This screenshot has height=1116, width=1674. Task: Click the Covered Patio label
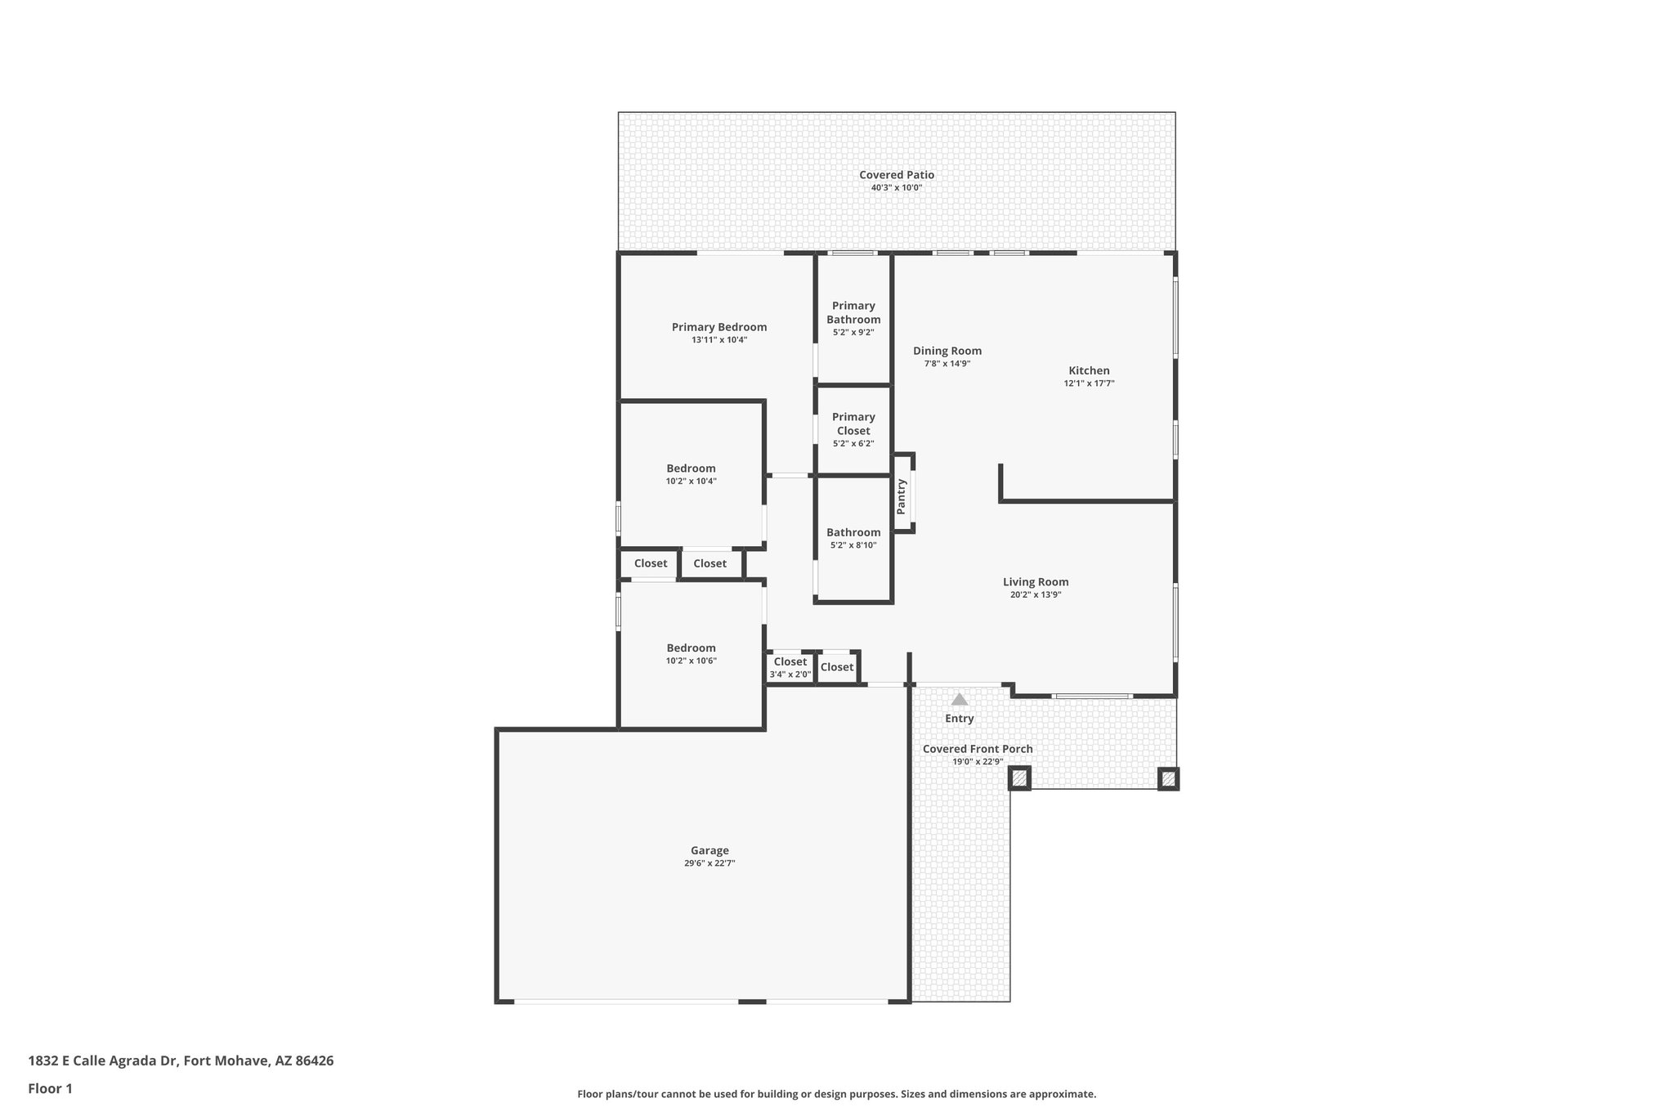896,175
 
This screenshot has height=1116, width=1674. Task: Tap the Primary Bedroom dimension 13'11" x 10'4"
719,340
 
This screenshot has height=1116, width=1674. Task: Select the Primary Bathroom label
853,312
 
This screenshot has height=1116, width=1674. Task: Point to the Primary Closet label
853,424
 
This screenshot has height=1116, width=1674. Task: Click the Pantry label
902,496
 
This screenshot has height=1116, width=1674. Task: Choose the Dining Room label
947,351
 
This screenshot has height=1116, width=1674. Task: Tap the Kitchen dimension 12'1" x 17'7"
1089,383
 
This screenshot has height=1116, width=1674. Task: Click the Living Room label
1036,582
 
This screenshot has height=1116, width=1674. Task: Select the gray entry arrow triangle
960,700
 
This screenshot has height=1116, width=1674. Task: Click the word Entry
960,719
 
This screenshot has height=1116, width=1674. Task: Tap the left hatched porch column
1019,778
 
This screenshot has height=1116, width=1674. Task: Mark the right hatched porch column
1168,778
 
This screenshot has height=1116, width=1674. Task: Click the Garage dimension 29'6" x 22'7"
709,863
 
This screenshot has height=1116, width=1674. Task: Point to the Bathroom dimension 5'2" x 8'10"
853,545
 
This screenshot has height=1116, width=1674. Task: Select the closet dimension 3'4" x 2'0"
790,675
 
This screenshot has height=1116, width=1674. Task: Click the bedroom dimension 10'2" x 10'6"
691,661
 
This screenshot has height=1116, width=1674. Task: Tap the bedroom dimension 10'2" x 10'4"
691,482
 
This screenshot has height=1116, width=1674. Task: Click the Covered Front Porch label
978,749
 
